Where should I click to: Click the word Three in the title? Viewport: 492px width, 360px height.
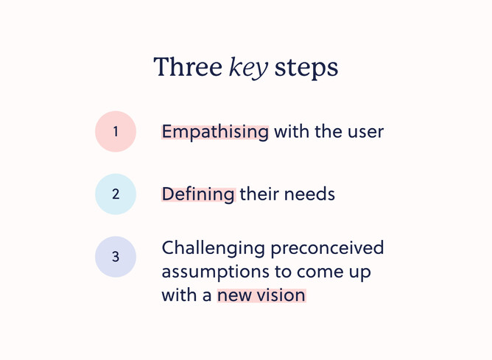[187, 67]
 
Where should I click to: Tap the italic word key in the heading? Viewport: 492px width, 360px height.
[247, 68]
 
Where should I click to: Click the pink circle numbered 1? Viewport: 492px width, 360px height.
[116, 132]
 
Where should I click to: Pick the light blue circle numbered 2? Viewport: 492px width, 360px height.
[116, 194]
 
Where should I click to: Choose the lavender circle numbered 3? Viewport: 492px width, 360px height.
[116, 257]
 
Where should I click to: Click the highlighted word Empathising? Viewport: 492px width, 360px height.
[215, 132]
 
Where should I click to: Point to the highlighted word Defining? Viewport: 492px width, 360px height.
[198, 194]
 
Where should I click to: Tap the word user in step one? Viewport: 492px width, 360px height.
[366, 132]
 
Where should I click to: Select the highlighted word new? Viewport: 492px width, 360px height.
[234, 295]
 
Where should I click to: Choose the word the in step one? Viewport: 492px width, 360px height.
[327, 132]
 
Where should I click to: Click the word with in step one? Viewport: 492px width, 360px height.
[291, 132]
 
